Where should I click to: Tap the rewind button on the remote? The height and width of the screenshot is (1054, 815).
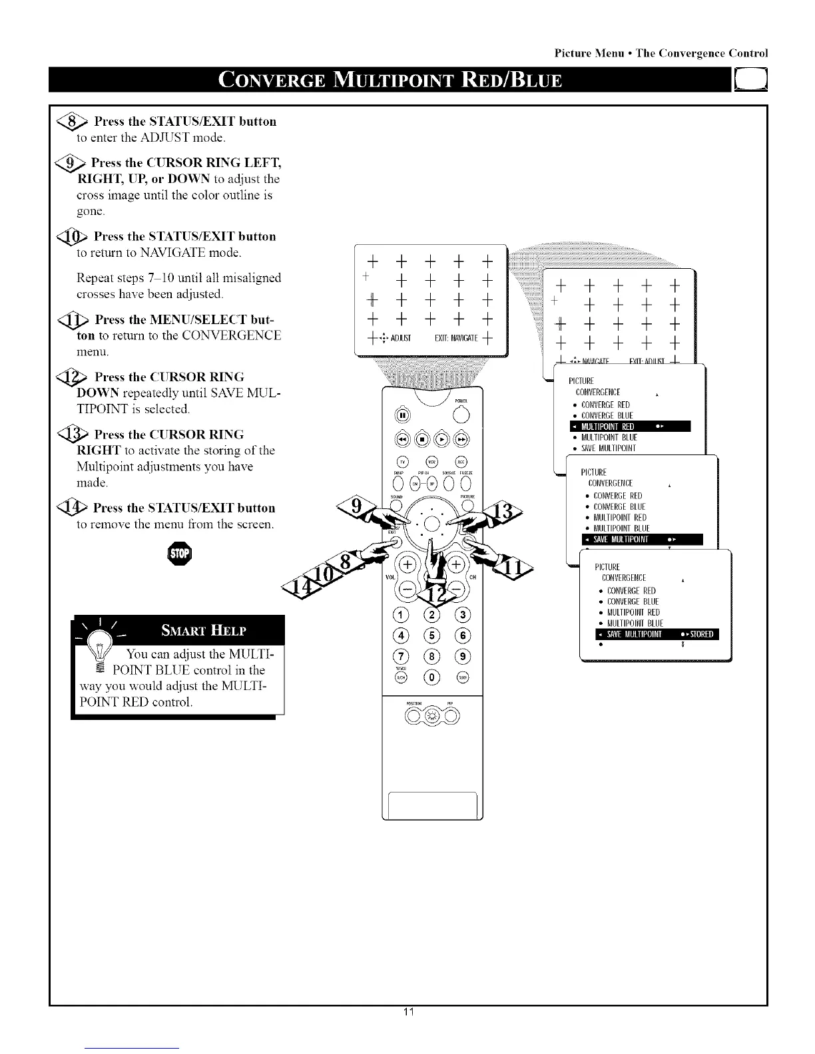(401, 440)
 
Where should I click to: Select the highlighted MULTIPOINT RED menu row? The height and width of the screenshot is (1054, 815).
(629, 427)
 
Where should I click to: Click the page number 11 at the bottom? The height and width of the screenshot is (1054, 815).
(408, 1031)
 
